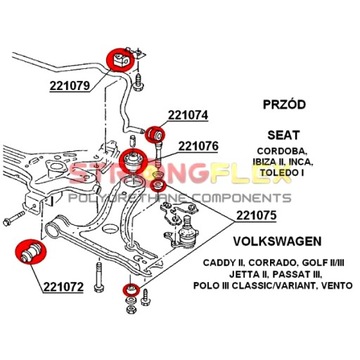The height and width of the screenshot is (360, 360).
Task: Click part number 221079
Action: click(x=70, y=86)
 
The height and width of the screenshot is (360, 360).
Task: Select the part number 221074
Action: click(x=188, y=115)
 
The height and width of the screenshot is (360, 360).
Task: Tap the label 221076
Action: click(x=198, y=146)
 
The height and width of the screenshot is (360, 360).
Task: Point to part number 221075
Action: click(x=256, y=216)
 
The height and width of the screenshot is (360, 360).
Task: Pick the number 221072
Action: click(x=63, y=286)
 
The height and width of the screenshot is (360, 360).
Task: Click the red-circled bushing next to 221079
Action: click(x=120, y=60)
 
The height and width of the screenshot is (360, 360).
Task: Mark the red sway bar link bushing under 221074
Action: click(x=156, y=135)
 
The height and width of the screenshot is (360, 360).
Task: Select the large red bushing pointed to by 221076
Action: click(x=133, y=161)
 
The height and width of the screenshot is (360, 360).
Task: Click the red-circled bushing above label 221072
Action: click(x=31, y=252)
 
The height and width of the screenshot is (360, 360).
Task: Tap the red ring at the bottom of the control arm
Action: click(x=131, y=289)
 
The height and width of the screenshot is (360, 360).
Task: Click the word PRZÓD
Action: click(x=284, y=105)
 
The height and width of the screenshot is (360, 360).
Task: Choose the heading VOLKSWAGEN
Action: click(x=277, y=241)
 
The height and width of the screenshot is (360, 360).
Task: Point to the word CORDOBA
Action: click(x=284, y=151)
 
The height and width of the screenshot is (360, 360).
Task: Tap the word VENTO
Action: click(x=338, y=285)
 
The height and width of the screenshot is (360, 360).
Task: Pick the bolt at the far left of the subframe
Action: click(x=14, y=218)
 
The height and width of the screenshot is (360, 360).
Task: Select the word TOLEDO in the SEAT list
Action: click(x=275, y=172)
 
